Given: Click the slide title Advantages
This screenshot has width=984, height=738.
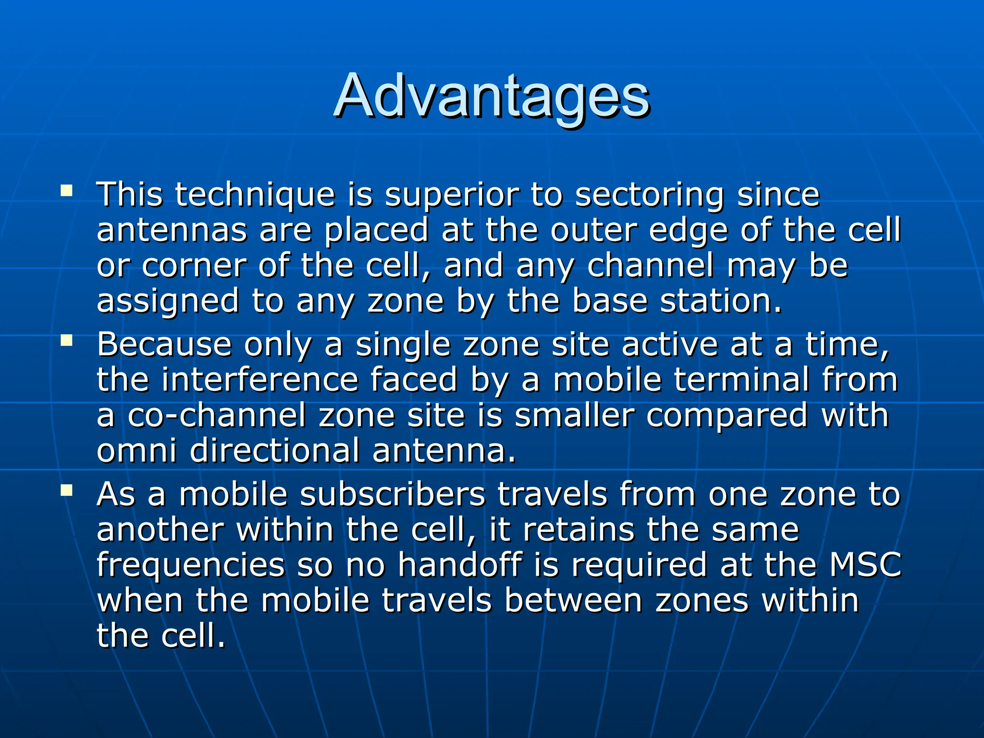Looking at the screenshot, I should [x=492, y=96].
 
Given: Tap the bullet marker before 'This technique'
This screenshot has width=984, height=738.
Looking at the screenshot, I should [x=66, y=191].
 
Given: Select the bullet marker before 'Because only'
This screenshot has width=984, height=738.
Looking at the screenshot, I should [x=66, y=341].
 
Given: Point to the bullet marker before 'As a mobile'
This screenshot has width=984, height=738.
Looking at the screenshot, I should [x=66, y=491].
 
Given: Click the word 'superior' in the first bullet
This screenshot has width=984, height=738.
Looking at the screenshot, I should [x=452, y=196].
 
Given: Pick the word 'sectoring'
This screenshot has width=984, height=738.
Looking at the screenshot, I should [x=649, y=196].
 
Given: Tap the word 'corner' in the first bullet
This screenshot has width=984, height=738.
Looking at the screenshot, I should [x=194, y=266].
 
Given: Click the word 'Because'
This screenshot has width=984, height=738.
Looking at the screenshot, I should [x=163, y=345].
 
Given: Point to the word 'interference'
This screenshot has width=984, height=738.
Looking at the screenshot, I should [x=259, y=380].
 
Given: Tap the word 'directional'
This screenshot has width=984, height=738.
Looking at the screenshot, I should [x=274, y=451].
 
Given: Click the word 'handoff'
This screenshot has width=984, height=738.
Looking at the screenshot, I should [x=459, y=566].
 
